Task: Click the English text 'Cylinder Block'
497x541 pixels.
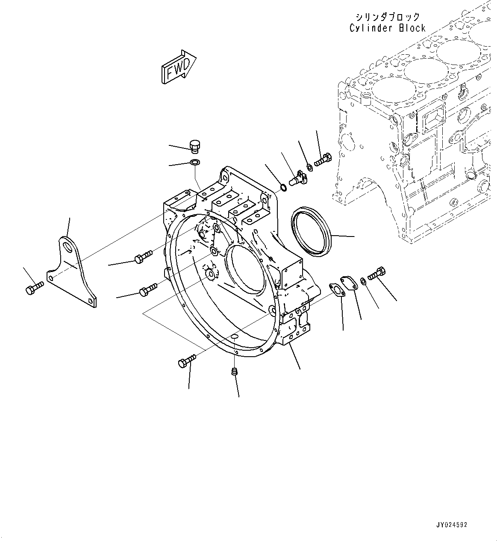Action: tap(387, 28)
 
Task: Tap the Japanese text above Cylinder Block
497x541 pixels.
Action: tap(387, 17)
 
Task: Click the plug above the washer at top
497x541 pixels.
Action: tap(195, 146)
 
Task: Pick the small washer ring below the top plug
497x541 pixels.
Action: tap(195, 163)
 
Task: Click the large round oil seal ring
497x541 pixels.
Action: tap(311, 231)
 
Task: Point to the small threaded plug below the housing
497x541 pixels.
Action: tap(234, 372)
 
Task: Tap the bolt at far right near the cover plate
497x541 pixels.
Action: tap(377, 273)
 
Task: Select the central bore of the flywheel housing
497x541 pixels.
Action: tap(244, 269)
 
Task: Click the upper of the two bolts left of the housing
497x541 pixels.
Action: tap(143, 256)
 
